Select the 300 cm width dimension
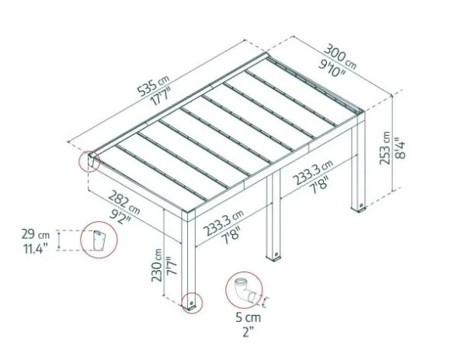[339, 57]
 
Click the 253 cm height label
[385, 147]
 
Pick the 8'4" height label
[400, 147]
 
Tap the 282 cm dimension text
[123, 202]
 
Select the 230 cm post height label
[157, 265]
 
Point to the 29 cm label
[36, 234]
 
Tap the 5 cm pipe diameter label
[249, 317]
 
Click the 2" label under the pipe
[248, 331]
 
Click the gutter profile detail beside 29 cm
[99, 240]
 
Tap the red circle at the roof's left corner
[89, 161]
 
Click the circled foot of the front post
[192, 303]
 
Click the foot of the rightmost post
[358, 207]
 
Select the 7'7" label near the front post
[172, 265]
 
